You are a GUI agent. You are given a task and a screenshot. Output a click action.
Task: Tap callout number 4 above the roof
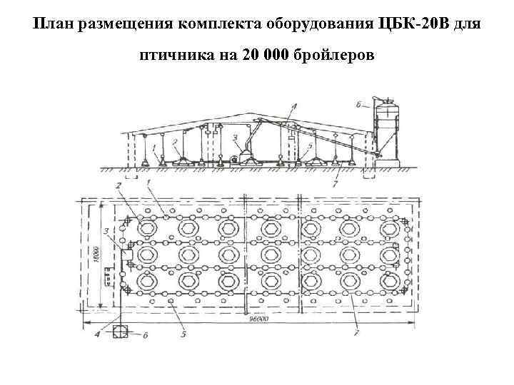(x=293, y=106)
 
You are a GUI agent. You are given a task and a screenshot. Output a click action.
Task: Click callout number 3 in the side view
(x=235, y=137)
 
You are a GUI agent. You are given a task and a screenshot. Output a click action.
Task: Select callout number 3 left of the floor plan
(x=105, y=231)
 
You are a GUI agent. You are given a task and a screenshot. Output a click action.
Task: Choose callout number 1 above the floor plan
(x=150, y=183)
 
